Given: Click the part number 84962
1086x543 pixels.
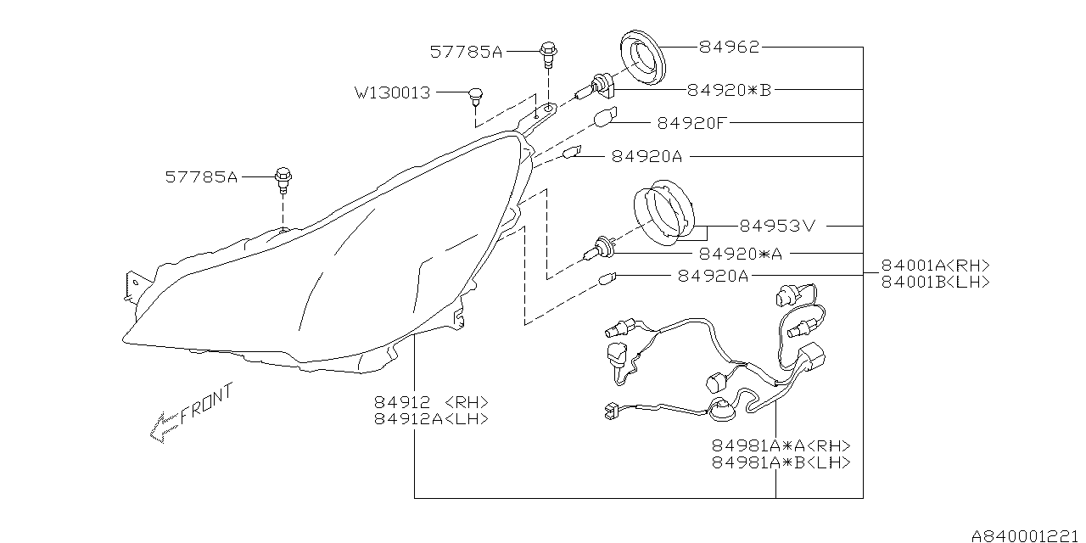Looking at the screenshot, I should [729, 48].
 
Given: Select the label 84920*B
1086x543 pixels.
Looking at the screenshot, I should [729, 89].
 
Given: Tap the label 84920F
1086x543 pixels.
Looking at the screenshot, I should [692, 123].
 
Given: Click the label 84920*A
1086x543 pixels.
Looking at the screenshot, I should [741, 254].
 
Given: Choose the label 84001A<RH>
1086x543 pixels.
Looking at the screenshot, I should [935, 265].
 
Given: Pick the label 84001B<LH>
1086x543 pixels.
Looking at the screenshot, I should [935, 282].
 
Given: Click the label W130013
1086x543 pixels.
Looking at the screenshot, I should [392, 92].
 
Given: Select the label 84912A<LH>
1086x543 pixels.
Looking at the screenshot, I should [431, 419].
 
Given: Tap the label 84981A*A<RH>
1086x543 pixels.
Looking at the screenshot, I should [781, 446].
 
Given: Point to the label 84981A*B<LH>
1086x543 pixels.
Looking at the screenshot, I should [781, 463].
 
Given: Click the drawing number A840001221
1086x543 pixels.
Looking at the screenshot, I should [1027, 535].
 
